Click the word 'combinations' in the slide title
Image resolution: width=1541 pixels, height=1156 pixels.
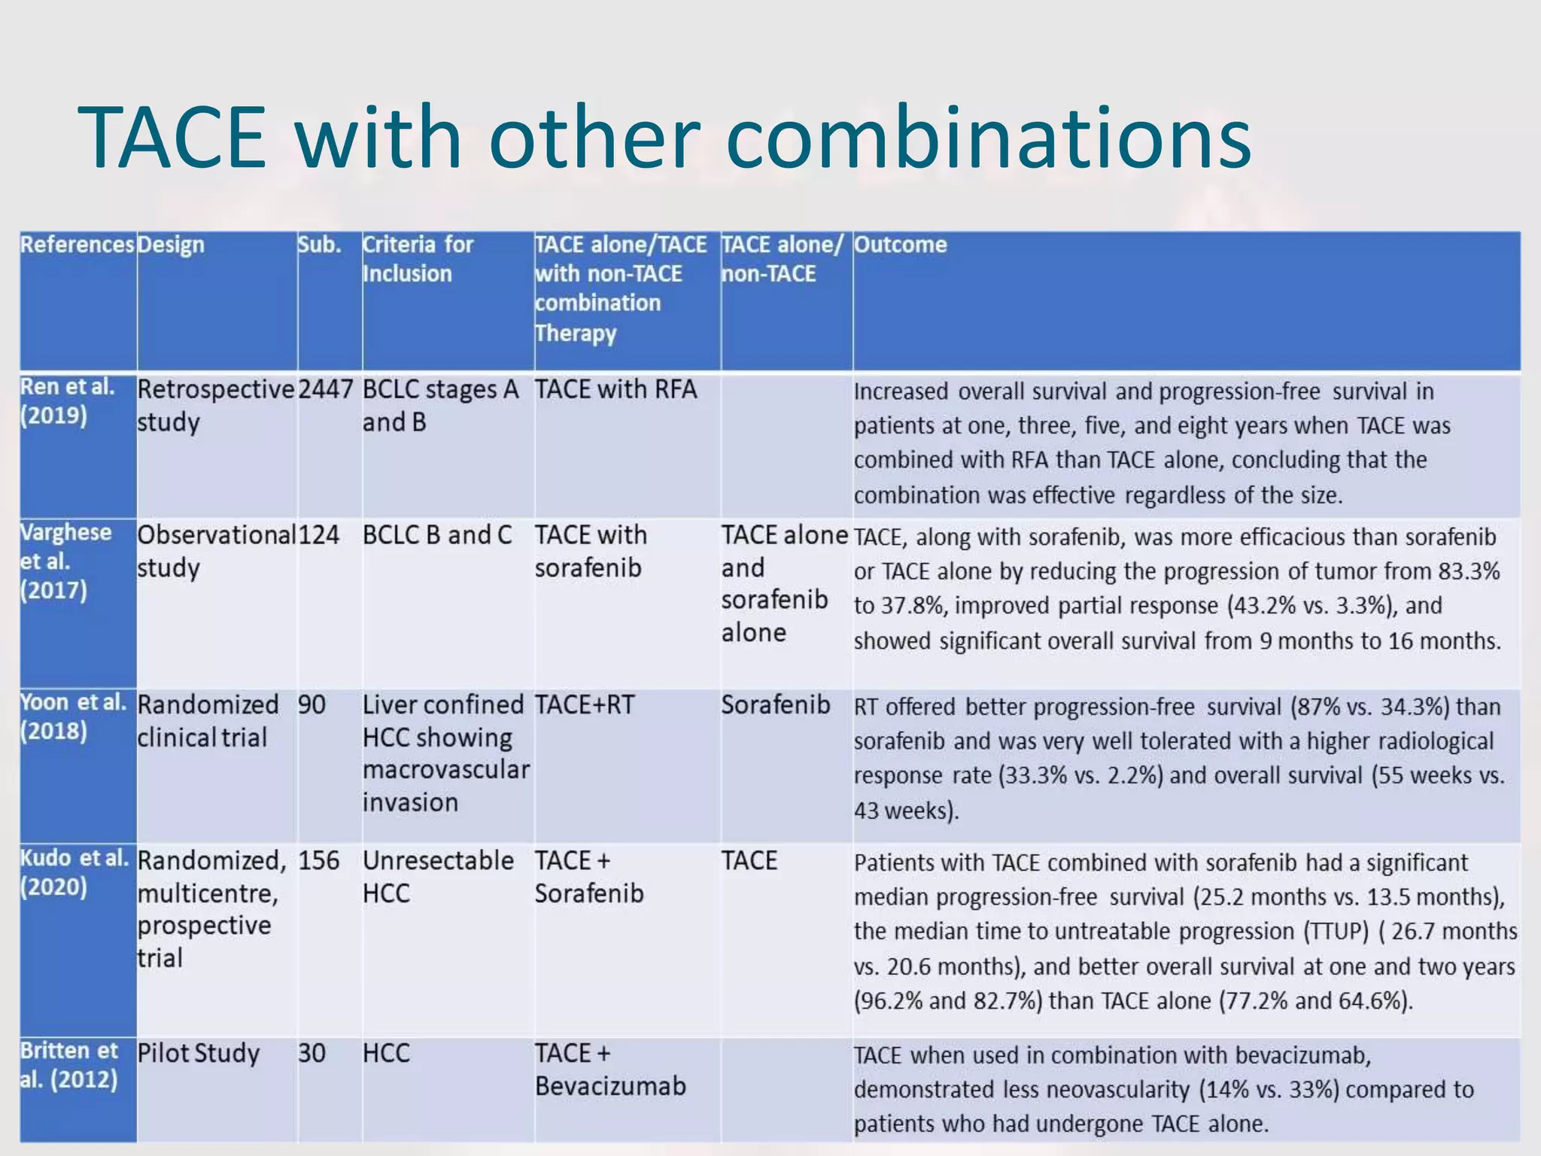click(x=989, y=138)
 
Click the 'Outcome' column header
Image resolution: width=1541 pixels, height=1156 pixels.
click(x=900, y=245)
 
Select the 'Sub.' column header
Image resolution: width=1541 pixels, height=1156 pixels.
click(x=319, y=245)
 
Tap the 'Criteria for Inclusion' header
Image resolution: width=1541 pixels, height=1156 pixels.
click(x=418, y=259)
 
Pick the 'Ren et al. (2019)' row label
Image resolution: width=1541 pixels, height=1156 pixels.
click(x=67, y=401)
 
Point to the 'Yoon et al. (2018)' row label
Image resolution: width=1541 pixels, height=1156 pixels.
click(x=72, y=716)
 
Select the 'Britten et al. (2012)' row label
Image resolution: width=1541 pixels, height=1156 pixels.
click(x=68, y=1065)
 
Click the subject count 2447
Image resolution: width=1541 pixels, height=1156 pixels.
click(x=325, y=390)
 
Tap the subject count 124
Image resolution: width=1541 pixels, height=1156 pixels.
click(x=318, y=535)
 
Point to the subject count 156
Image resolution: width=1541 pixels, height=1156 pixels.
click(x=318, y=860)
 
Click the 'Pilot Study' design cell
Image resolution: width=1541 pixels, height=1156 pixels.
click(x=198, y=1053)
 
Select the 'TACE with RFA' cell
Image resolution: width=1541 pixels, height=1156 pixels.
click(x=615, y=390)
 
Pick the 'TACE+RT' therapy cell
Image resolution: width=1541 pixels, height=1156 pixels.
click(x=585, y=705)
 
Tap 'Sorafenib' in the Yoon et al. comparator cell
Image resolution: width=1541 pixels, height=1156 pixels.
click(x=775, y=705)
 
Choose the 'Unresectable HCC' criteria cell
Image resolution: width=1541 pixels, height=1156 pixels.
click(x=438, y=877)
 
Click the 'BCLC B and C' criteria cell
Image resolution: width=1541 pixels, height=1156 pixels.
click(x=436, y=535)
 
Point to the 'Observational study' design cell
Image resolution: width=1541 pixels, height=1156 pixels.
click(x=215, y=551)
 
